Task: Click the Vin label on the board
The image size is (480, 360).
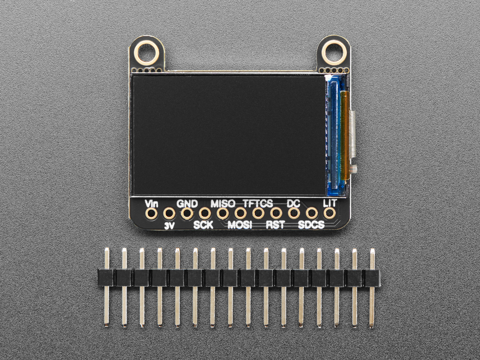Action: (151, 203)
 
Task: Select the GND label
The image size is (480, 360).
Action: (187, 203)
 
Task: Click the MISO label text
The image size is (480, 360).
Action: (223, 203)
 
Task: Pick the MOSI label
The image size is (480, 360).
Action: (240, 225)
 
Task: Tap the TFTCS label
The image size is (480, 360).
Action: (258, 203)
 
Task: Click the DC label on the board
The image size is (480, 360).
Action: (294, 203)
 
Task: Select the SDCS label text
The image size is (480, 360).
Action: (312, 225)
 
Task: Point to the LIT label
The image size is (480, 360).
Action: (330, 203)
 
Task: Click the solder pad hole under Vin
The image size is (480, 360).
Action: (151, 214)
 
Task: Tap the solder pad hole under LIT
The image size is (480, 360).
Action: (330, 214)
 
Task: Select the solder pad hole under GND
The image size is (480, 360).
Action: (187, 214)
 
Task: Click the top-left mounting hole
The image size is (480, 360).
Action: (147, 51)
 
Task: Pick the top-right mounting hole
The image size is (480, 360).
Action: (334, 51)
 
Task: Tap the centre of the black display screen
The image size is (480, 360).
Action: (229, 135)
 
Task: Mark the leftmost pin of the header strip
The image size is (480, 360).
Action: (107, 287)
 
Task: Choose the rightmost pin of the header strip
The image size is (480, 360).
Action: (372, 287)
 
